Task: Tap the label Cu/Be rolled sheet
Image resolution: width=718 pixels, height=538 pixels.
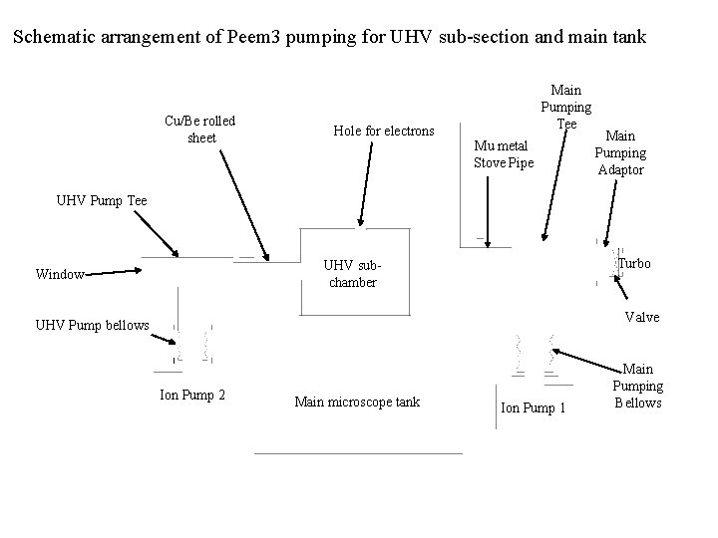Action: pos(200,130)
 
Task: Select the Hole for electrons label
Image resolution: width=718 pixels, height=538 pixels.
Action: pos(384,131)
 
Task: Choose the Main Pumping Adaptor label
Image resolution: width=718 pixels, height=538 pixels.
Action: pos(620,152)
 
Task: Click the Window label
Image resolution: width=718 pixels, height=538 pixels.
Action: pos(59,273)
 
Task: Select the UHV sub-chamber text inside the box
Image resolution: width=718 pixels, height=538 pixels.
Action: pos(353,274)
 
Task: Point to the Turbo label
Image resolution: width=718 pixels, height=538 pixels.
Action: pos(634,263)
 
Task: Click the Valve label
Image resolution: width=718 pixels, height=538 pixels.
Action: pos(642,317)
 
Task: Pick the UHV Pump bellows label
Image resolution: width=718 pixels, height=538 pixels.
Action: pos(93,325)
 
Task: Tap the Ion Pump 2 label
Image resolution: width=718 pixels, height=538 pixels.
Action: pos(192,396)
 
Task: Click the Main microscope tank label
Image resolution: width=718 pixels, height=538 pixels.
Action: pos(357,402)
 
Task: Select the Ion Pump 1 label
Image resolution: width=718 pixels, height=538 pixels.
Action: pos(533,407)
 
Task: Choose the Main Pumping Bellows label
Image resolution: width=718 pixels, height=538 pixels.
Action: pos(637,386)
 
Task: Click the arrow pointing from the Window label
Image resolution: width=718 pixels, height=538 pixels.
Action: pos(110,270)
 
